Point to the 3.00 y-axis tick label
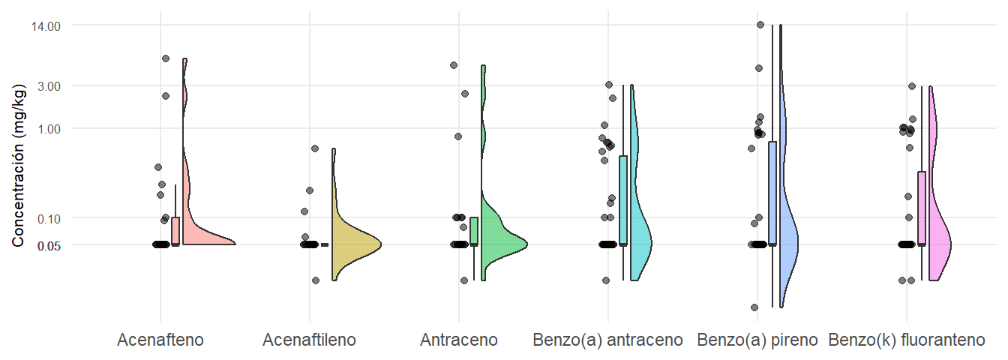(47, 86)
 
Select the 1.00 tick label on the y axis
(47, 129)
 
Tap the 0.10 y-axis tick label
(47, 218)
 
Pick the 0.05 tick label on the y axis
(47, 244)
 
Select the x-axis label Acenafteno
(160, 340)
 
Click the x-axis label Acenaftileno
(310, 340)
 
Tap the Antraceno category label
(459, 340)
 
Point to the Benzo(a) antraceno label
(607, 340)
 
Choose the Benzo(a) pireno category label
(757, 340)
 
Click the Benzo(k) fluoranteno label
(906, 340)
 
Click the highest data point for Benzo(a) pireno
(760, 25)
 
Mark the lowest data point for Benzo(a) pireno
(754, 307)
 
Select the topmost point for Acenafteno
(166, 58)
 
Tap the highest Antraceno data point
(454, 65)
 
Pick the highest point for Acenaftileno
(315, 148)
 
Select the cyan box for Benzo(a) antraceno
(623, 200)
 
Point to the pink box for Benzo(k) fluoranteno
(922, 208)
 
